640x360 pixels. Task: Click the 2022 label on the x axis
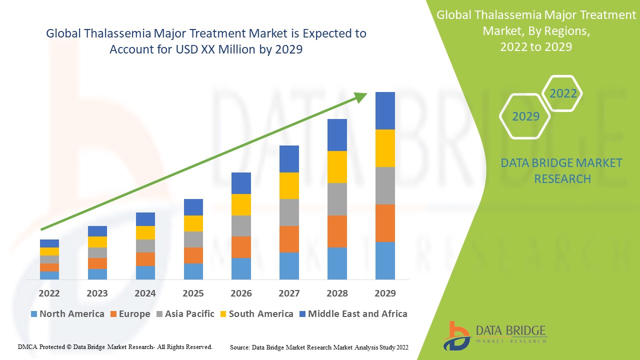pos(49,293)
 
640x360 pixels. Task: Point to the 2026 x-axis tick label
pos(241,293)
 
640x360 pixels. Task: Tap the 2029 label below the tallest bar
pos(385,293)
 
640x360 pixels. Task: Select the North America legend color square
pos(34,314)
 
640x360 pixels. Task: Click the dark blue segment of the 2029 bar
pos(385,110)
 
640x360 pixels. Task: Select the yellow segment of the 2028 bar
pos(337,167)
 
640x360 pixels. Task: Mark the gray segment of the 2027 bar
pos(289,212)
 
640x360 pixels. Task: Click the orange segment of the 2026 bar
pos(241,247)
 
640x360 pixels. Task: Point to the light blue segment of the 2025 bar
pos(193,271)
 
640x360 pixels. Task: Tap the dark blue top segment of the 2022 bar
pos(49,243)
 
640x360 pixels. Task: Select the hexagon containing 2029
pos(525,116)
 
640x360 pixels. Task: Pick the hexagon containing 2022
pos(563,93)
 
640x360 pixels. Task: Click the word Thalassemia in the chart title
pos(111,33)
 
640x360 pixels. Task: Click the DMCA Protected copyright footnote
pos(115,346)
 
